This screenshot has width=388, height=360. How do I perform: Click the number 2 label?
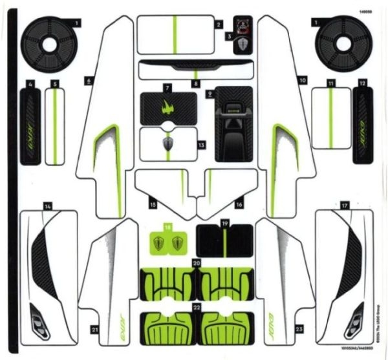click(x=219, y=25)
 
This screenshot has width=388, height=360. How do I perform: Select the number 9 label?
click(x=210, y=94)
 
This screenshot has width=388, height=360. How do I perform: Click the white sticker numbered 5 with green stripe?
click(x=56, y=125)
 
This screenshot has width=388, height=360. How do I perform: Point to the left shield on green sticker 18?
click(x=159, y=244)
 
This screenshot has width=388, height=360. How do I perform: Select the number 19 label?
click(x=225, y=223)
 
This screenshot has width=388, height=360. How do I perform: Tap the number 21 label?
click(x=95, y=330)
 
